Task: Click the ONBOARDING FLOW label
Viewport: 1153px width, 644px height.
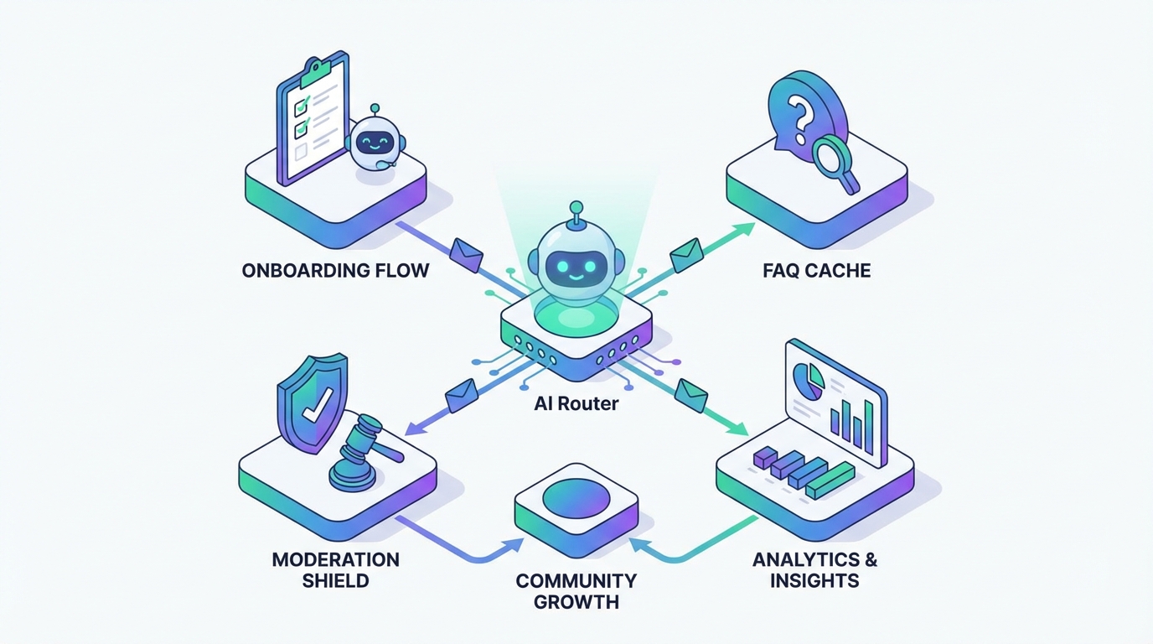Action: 335,271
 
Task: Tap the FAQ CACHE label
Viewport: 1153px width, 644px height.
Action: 816,271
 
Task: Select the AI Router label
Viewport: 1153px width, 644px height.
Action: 576,403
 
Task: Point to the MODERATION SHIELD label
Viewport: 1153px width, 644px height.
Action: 335,569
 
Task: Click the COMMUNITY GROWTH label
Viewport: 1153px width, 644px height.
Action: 576,591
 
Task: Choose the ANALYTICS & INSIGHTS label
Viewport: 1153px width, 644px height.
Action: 814,569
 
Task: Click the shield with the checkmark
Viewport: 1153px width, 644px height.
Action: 312,402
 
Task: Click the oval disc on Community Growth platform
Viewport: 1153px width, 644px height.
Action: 576,498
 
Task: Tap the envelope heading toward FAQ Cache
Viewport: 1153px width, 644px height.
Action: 687,254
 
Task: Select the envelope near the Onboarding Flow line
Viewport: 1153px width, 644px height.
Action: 467,254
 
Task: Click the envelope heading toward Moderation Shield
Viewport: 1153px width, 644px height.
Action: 462,394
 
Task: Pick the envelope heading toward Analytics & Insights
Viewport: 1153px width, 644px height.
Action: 691,394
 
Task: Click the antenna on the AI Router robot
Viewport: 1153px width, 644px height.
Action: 576,214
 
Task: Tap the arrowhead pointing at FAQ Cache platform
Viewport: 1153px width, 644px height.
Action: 744,229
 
